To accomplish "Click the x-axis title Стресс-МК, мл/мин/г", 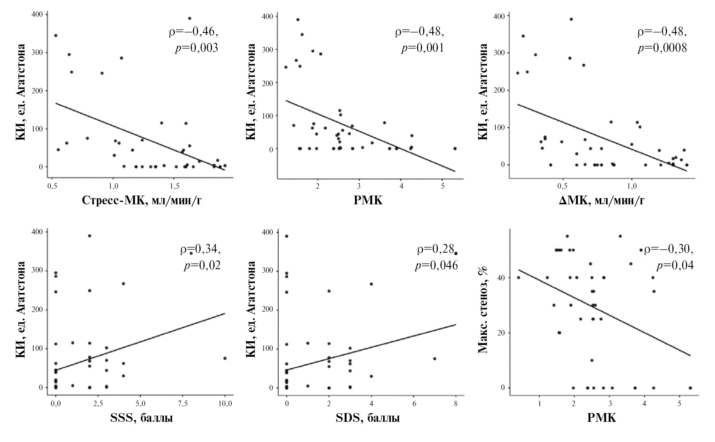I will [142, 200].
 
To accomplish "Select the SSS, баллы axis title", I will [141, 418].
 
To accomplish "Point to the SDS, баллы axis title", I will [368, 418].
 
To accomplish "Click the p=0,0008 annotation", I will [662, 48].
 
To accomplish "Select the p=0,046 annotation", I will [436, 265].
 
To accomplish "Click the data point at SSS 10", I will [225, 358].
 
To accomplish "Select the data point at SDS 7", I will [434, 359].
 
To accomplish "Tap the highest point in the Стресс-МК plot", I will [190, 18].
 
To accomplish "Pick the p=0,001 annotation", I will [422, 48].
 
